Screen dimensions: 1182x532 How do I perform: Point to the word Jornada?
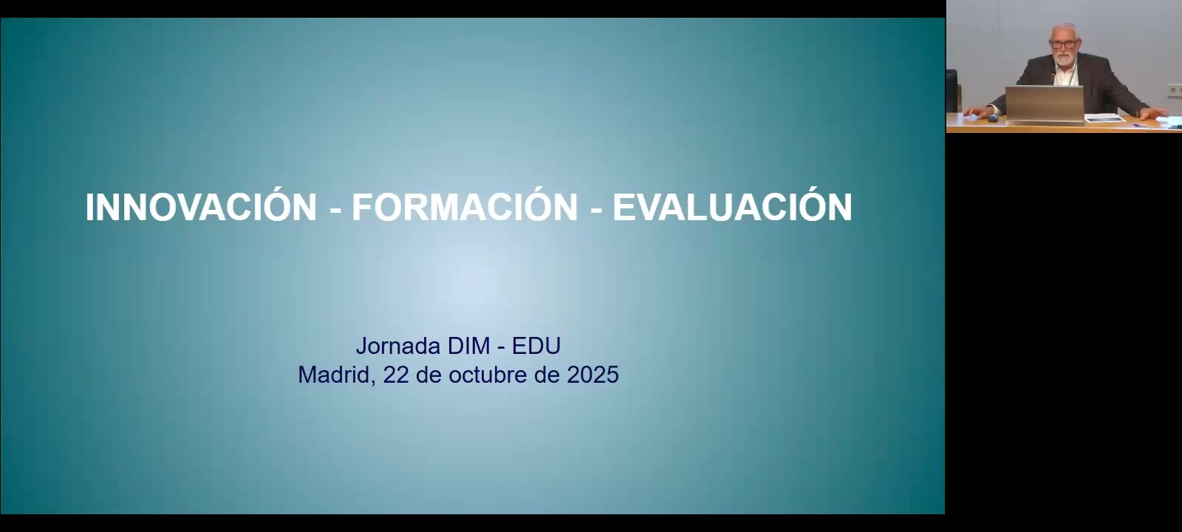398,347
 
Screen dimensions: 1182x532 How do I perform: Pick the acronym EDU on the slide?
536,347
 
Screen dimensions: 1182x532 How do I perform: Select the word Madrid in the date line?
336,375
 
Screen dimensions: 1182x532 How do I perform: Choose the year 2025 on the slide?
592,375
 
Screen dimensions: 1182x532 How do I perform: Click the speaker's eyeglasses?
1064,44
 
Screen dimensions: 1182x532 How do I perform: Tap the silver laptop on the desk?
1045,103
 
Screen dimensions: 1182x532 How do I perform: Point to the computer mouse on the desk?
993,117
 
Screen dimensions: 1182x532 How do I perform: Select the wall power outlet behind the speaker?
1174,89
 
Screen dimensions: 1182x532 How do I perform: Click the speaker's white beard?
1065,58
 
